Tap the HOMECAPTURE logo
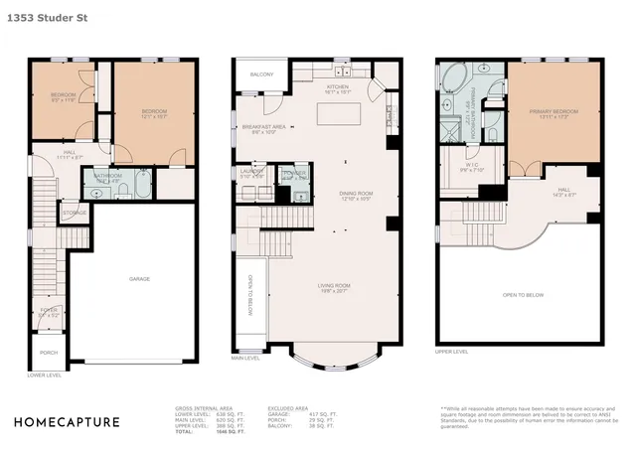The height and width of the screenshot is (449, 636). tap(67, 422)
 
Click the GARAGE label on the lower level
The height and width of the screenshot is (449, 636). tap(139, 278)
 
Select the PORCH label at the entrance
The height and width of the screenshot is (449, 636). tap(48, 353)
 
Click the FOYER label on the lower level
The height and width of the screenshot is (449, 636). tap(48, 312)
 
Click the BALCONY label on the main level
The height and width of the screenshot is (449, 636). tap(261, 75)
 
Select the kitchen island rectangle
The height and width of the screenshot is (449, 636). tap(337, 113)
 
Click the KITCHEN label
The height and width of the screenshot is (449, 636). tap(338, 87)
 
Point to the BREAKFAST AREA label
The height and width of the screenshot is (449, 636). tap(264, 127)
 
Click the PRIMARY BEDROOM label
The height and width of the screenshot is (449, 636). tap(554, 112)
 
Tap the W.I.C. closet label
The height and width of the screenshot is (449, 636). tap(471, 166)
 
